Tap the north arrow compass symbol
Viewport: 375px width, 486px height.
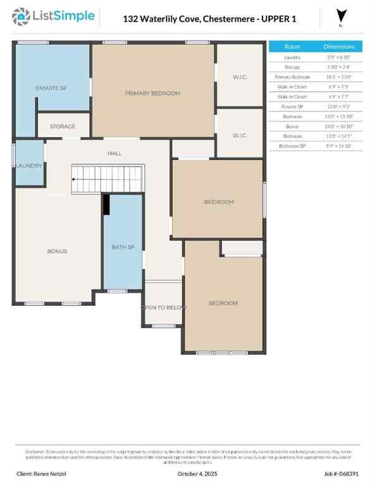point(341,16)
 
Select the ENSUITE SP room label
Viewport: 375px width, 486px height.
point(51,87)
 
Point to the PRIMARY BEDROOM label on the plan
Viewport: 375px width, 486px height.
point(152,93)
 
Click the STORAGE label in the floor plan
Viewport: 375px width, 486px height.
point(63,127)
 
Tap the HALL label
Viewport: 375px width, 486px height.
point(114,153)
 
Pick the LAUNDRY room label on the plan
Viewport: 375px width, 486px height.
point(29,166)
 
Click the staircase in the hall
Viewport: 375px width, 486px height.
point(108,178)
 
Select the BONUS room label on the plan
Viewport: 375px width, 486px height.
point(57,251)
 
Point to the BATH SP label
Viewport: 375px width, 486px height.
point(123,247)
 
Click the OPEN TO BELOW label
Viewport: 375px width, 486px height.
point(163,307)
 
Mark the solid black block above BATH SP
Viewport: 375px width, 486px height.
point(106,204)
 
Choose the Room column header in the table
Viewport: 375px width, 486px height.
point(292,47)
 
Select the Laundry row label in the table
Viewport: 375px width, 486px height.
point(292,57)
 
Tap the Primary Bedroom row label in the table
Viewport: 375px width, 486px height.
point(292,77)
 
